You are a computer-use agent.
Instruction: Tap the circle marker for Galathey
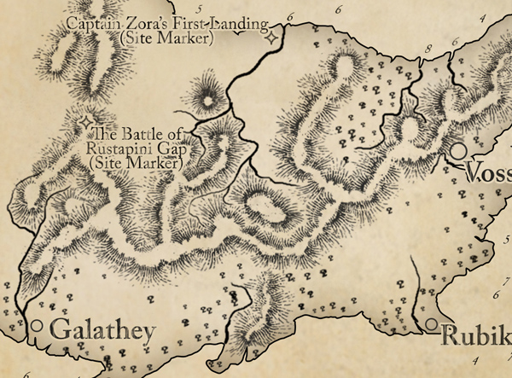[x=36, y=326]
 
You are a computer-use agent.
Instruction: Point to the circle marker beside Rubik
[x=433, y=324]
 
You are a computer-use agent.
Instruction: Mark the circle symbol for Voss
[x=458, y=151]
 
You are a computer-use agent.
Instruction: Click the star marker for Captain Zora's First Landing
[x=271, y=37]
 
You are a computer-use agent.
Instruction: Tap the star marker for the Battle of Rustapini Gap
[x=85, y=123]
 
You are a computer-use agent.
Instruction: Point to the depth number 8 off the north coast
[x=428, y=49]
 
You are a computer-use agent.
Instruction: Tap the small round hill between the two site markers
[x=207, y=101]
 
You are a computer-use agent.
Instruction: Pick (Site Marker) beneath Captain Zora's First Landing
[x=167, y=38]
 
